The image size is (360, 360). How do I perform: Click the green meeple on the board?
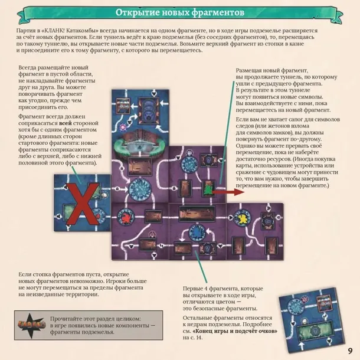pyautogui.click(x=208, y=189)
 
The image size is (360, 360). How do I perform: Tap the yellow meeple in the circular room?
pyautogui.click(x=243, y=218)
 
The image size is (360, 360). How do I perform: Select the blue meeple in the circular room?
pyautogui.click(x=197, y=233)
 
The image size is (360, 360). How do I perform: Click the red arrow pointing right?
pyautogui.click(x=228, y=192)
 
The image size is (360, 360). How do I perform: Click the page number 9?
pyautogui.click(x=350, y=351)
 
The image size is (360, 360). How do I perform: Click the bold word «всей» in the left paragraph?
pyautogui.click(x=65, y=123)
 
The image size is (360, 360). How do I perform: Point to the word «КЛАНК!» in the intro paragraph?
pyautogui.click(x=54, y=31)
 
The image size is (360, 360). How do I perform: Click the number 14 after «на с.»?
pyautogui.click(x=199, y=338)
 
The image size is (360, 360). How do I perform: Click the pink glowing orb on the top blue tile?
pyautogui.click(x=123, y=127)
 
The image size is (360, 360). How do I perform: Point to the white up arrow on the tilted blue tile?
pyautogui.click(x=302, y=346)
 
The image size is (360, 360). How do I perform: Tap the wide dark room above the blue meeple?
pyautogui.click(x=197, y=214)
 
